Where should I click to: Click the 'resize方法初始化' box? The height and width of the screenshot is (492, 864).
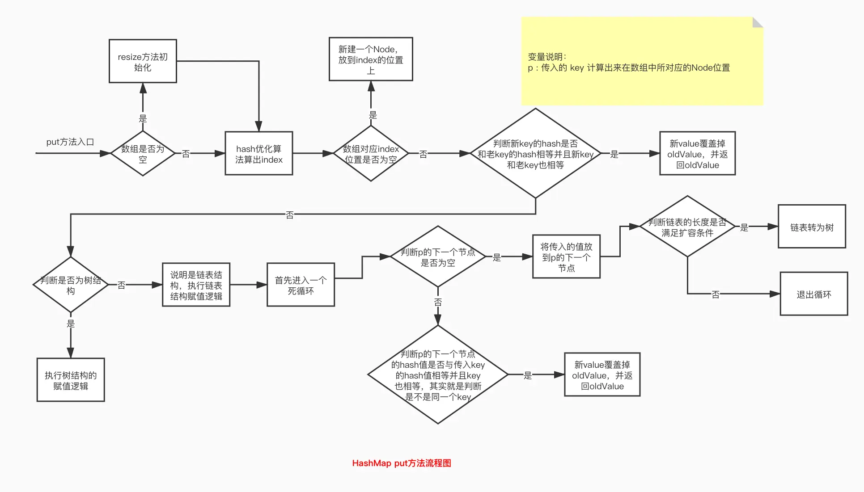143,61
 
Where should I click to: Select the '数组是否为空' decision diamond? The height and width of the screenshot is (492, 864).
143,154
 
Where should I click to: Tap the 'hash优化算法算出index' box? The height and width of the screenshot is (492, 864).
258,154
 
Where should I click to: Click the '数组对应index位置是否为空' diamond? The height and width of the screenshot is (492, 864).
371,154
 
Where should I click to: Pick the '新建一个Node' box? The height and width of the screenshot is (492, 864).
371,59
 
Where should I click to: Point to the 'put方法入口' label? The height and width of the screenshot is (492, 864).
70,142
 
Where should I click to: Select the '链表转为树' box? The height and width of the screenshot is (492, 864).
812,227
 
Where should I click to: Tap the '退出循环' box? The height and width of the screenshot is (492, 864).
813,294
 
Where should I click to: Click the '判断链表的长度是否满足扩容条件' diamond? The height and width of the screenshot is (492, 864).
687,227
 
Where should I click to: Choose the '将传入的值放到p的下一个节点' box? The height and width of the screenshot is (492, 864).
566,257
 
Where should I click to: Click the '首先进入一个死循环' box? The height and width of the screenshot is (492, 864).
301,285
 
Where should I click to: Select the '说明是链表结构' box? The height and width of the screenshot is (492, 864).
196,285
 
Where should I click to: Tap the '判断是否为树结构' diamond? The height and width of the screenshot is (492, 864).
71,285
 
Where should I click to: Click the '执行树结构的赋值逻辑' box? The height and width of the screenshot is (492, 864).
71,380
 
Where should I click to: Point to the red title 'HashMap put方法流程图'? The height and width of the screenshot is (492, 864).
402,463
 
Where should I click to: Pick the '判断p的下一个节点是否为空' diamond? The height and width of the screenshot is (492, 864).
438,257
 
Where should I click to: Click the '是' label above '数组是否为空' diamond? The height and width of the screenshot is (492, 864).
143,118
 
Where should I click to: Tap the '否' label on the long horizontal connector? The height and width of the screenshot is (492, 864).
290,215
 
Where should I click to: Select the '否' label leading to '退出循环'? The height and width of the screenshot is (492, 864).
716,294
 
